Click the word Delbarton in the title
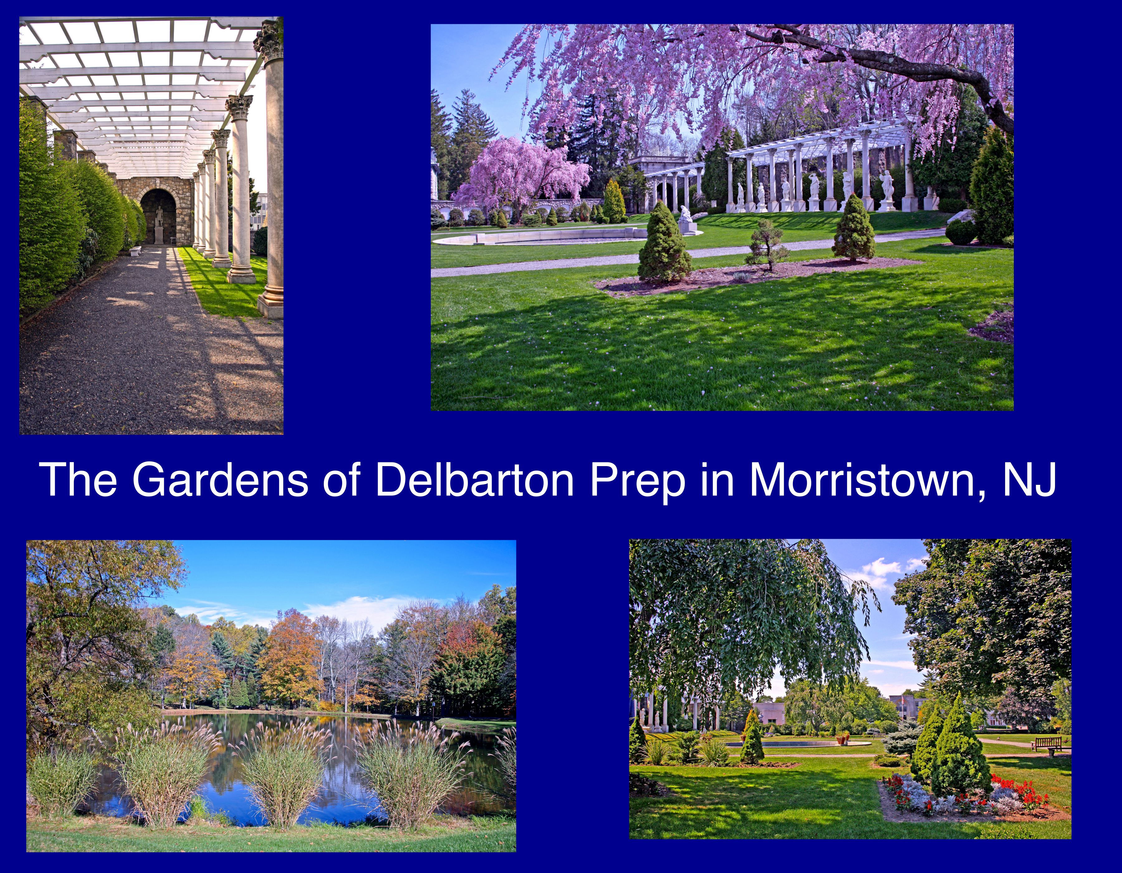[474, 479]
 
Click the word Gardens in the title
[220, 479]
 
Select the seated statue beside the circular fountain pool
[686, 216]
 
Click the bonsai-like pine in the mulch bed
[767, 246]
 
